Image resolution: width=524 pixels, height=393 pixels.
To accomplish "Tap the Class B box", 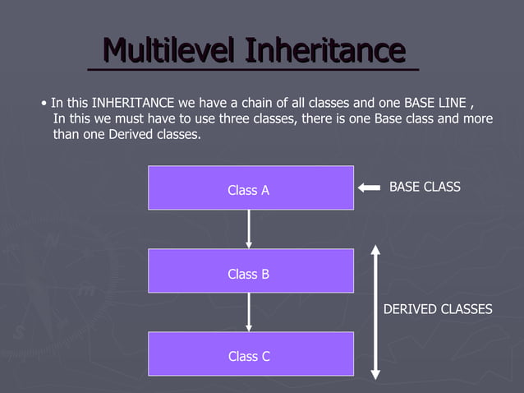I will (x=251, y=270).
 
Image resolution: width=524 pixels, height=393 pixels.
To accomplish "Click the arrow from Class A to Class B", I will (x=249, y=229).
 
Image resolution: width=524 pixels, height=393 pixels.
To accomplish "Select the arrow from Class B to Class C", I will (x=249, y=312).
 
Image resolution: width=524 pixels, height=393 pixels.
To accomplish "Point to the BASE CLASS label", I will (x=425, y=187).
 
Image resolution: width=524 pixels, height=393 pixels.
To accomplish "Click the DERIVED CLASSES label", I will (x=438, y=309).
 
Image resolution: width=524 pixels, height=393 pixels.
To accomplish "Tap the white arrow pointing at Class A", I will (x=369, y=188).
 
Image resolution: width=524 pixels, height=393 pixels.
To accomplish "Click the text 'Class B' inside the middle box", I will (x=249, y=274).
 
